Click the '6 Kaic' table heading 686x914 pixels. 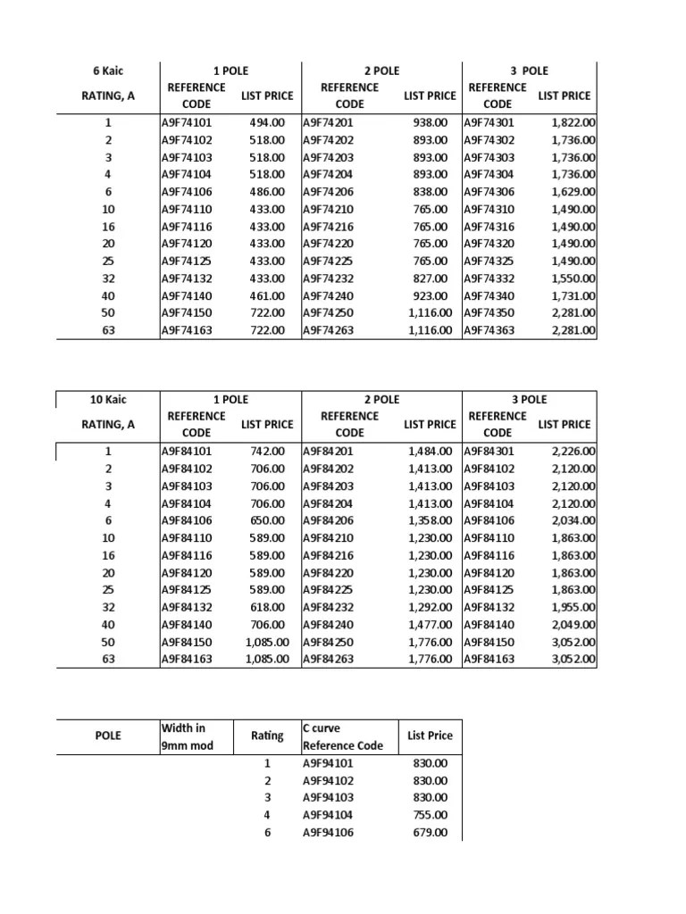click(x=107, y=71)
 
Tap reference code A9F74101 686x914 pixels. click(x=187, y=122)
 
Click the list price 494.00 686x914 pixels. click(x=267, y=122)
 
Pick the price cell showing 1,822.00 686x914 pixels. click(x=574, y=122)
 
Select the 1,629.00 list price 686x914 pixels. click(x=574, y=192)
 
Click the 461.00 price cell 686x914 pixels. click(x=267, y=295)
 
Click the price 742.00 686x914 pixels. click(x=267, y=451)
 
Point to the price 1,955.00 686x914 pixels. click(x=574, y=607)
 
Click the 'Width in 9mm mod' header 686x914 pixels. click(x=188, y=736)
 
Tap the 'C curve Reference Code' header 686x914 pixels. click(x=343, y=736)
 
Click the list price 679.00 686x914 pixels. click(x=431, y=832)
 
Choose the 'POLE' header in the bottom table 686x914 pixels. click(x=108, y=736)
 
